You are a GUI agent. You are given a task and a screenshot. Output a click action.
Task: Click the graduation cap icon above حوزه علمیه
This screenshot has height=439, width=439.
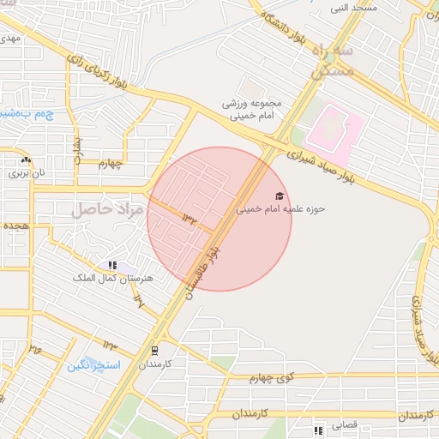click(280, 196)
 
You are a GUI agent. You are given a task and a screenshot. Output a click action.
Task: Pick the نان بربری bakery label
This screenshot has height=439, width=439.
click(25, 172)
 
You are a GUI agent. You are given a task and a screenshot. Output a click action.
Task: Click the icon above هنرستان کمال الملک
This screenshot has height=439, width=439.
click(112, 266)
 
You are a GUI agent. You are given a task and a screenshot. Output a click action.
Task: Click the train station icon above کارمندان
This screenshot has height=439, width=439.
click(154, 350)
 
